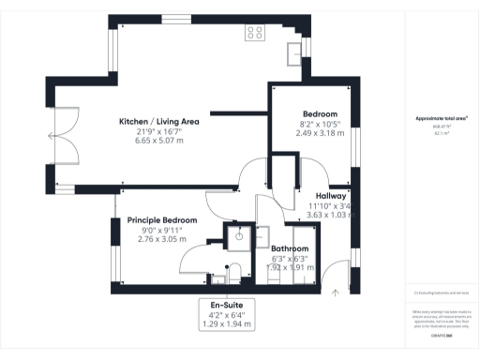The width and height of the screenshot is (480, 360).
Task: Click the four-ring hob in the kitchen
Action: [x=255, y=32]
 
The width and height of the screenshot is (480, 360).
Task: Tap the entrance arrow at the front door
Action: [x=336, y=292]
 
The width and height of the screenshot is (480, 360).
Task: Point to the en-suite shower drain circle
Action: [x=238, y=237]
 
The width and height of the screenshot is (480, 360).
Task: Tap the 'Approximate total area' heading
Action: [x=441, y=119]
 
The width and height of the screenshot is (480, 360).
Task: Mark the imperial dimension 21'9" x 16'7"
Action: [x=158, y=132]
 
